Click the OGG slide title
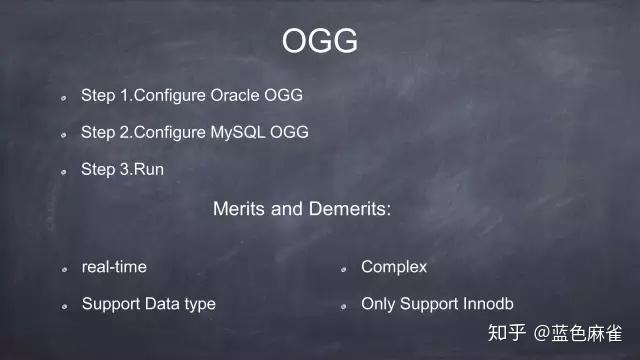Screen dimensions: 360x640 tap(319, 41)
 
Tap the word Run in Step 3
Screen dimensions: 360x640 tap(149, 169)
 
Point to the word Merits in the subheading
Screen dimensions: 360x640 tap(237, 210)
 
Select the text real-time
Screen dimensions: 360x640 tap(113, 267)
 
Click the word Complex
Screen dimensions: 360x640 tap(394, 267)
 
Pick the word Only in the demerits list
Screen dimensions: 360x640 tap(378, 303)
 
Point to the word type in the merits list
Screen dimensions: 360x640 tap(198, 304)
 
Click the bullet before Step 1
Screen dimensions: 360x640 tap(62, 98)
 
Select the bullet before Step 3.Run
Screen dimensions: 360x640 tap(62, 171)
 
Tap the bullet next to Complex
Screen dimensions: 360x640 tap(342, 269)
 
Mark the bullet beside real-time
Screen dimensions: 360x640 tap(62, 269)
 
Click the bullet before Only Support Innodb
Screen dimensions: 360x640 tap(342, 305)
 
